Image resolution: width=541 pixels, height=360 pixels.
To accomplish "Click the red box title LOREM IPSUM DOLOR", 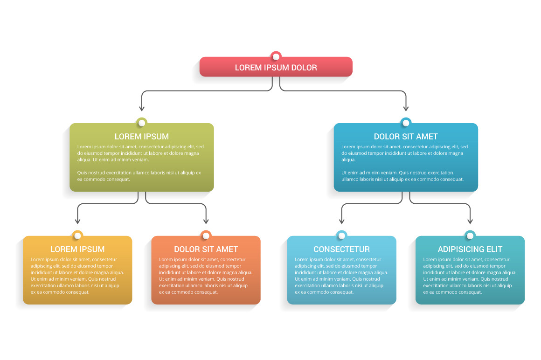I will [276, 68].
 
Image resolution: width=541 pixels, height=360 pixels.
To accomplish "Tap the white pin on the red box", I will [276, 57].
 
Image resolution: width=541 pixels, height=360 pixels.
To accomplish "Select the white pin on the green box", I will [142, 123].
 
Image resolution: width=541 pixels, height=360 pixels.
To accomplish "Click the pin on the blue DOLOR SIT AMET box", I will [406, 123].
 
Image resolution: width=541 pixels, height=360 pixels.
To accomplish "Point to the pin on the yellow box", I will [77, 236].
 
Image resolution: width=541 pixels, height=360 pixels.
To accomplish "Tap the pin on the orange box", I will [206, 236].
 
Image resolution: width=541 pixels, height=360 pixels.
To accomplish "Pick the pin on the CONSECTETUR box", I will [341, 236].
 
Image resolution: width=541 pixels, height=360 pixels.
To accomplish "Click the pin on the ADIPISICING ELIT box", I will [470, 236].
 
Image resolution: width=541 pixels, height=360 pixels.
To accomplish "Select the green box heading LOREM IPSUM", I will [142, 137].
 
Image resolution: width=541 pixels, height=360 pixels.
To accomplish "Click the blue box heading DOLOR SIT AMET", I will [406, 137].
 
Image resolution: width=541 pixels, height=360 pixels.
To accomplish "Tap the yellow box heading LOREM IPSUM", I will [77, 249].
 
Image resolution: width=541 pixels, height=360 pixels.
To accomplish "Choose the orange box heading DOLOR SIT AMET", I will [206, 249].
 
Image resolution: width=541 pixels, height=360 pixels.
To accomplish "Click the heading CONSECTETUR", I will [341, 249].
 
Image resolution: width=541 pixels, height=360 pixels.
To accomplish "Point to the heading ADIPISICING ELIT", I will [470, 249].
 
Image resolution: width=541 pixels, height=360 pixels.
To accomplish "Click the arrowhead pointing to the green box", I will [142, 108].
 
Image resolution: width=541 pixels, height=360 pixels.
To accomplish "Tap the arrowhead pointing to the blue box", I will [406, 108].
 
